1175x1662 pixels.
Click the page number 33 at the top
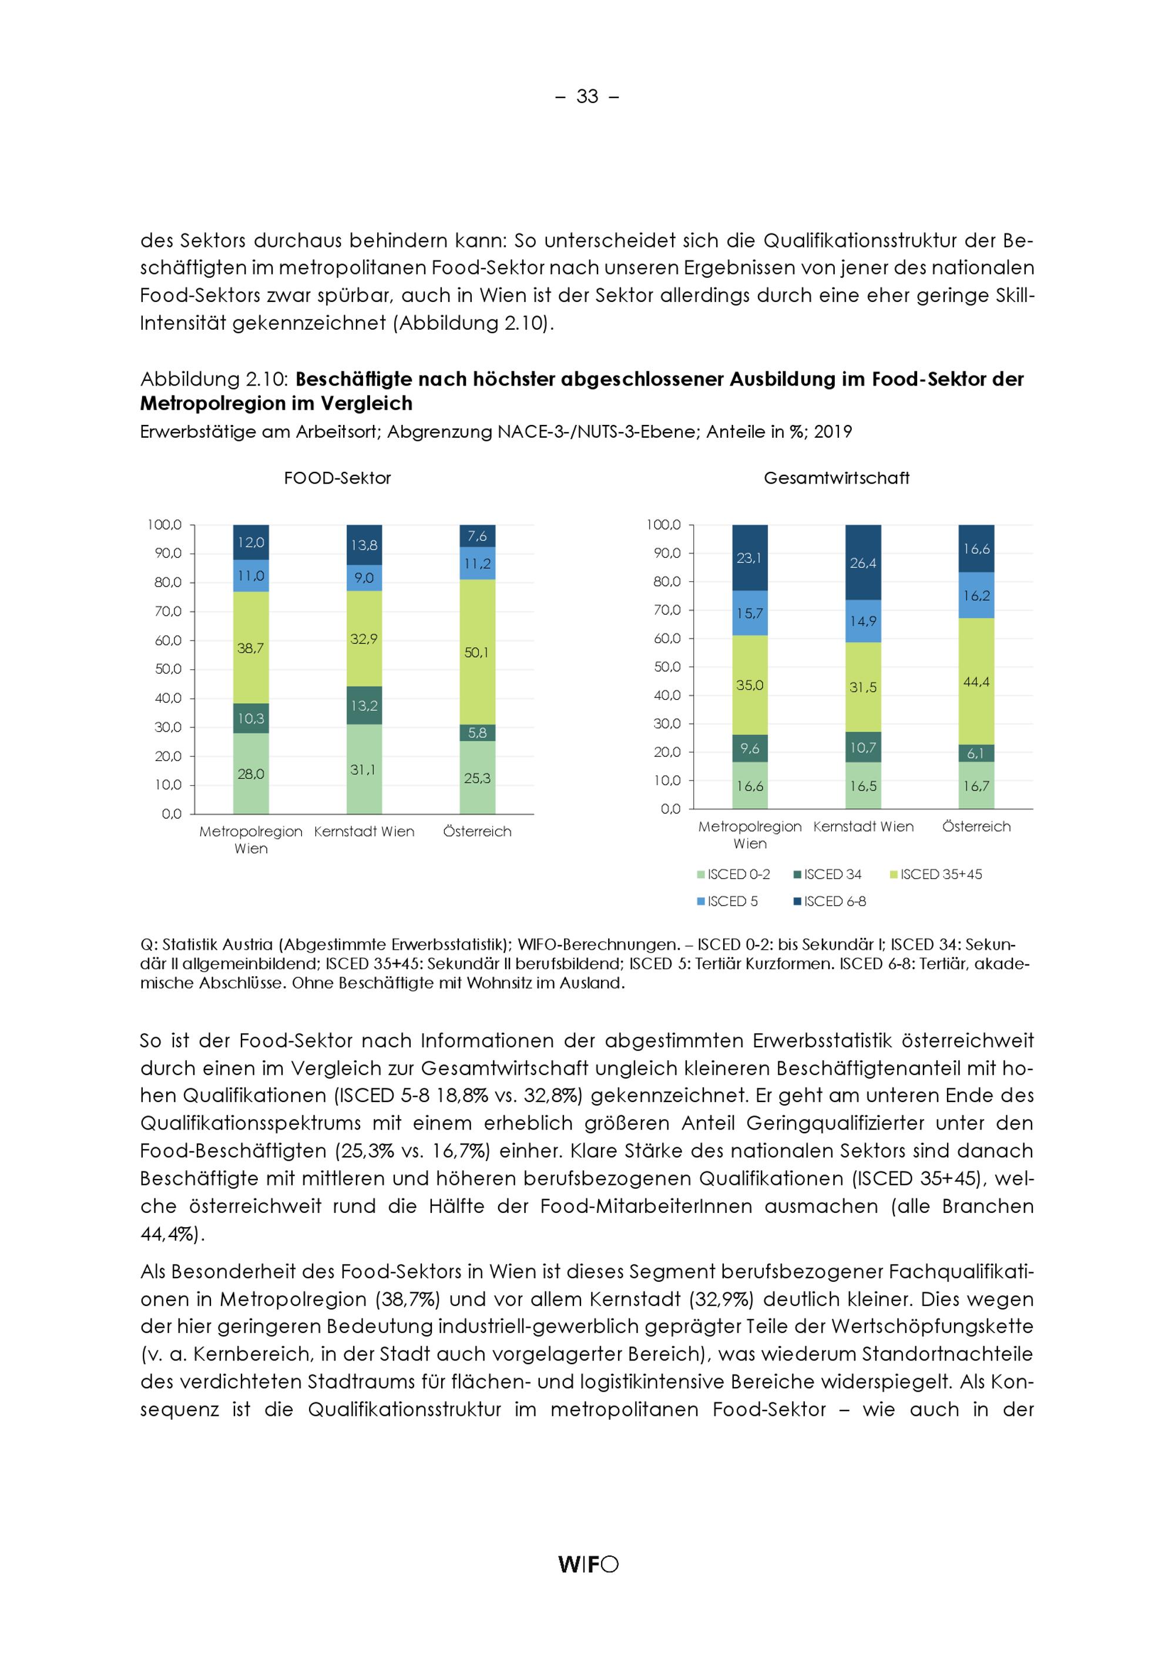[x=587, y=96]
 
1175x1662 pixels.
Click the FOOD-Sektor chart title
[x=337, y=478]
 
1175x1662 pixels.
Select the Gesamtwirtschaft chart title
[x=837, y=478]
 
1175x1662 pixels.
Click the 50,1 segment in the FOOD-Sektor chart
[x=477, y=652]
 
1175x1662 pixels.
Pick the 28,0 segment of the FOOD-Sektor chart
[x=250, y=774]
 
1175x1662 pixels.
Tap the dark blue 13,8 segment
[x=364, y=545]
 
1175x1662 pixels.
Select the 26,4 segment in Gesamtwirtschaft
[x=862, y=562]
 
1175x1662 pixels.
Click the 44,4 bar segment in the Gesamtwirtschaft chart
[x=976, y=681]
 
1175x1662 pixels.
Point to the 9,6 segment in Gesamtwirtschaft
[x=750, y=749]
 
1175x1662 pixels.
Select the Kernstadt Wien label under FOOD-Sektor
[x=364, y=832]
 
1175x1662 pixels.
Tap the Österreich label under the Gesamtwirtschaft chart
[x=976, y=827]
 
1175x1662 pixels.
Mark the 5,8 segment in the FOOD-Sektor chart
[x=477, y=732]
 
